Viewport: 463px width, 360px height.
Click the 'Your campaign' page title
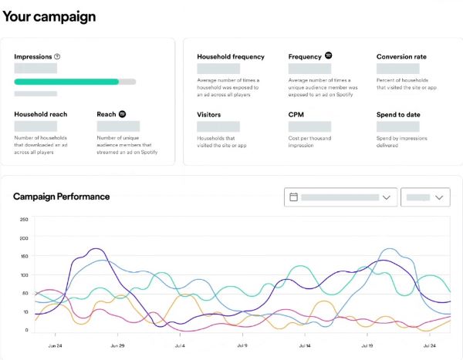(x=49, y=16)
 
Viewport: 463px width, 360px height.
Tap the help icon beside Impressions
(x=57, y=56)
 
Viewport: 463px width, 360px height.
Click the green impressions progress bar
(x=67, y=81)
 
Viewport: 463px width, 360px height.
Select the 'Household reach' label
(x=40, y=114)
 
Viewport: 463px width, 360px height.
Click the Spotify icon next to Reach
(x=122, y=114)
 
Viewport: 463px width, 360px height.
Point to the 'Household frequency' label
(x=231, y=56)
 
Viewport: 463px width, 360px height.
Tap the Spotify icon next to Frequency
(x=328, y=56)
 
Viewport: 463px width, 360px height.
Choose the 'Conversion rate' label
(x=401, y=56)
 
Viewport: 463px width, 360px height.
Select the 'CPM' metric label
(x=296, y=114)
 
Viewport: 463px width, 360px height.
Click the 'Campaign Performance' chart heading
(x=62, y=197)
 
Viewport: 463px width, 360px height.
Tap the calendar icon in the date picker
(x=293, y=197)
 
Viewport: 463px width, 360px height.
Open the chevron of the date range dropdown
(x=387, y=197)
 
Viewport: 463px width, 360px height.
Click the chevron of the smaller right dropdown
(x=440, y=197)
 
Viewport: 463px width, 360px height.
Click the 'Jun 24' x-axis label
(x=55, y=346)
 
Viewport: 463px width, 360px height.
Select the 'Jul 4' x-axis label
(x=180, y=346)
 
